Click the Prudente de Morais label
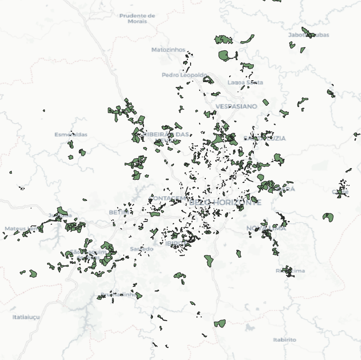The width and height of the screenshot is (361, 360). coord(137,18)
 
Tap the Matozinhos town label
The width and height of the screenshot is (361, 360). coord(168,49)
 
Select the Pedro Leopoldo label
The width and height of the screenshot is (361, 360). coord(184,75)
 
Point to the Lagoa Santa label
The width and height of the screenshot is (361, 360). coord(245,82)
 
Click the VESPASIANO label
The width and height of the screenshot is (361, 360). coord(236,106)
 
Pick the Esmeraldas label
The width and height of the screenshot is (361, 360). coord(71,134)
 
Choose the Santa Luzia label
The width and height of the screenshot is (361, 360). coord(265,138)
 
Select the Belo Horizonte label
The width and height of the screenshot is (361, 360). coord(225,203)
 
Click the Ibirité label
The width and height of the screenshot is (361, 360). coord(174,243)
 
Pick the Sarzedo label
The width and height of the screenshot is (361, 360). coord(141,249)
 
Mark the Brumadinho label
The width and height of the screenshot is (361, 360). coord(118,295)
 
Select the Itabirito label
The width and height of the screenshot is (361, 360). coord(284,340)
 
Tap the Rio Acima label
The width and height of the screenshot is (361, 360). coord(290,271)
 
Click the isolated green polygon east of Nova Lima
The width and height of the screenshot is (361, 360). coord(328,217)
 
